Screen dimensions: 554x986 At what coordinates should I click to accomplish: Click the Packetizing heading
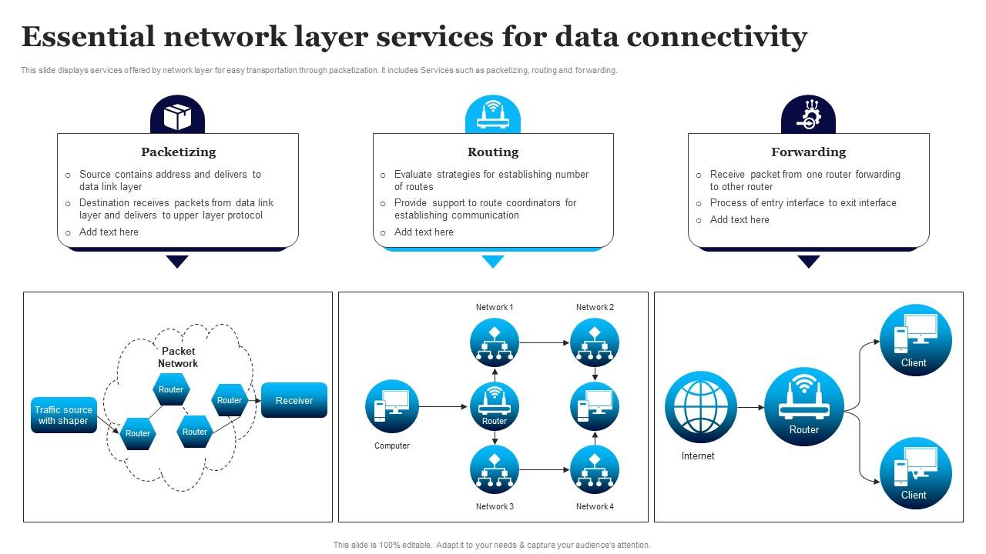[178, 152]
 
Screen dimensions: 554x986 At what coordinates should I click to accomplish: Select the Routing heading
[493, 152]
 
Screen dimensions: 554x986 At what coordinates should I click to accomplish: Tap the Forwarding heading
[808, 152]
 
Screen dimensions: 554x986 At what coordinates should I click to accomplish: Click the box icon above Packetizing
[178, 116]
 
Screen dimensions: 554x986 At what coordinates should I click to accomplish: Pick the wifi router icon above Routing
[493, 116]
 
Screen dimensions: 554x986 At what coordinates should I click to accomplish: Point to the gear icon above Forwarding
[808, 116]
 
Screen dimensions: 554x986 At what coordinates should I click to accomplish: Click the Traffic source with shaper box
[63, 415]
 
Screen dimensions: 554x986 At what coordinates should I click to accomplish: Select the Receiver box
[294, 400]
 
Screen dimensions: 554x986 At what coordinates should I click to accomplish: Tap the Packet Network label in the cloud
[178, 357]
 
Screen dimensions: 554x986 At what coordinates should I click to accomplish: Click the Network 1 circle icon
[495, 342]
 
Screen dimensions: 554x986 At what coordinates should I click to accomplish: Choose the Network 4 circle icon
[595, 469]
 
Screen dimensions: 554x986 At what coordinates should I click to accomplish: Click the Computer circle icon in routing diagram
[392, 406]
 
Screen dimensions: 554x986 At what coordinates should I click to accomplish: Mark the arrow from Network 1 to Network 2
[545, 342]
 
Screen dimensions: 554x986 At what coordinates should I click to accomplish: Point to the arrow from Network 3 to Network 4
[545, 469]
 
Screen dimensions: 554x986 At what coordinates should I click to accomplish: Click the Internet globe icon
[701, 407]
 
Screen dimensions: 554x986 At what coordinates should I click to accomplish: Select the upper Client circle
[915, 340]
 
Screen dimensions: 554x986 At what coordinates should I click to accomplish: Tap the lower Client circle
[915, 472]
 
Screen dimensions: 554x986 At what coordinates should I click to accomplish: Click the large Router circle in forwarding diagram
[804, 407]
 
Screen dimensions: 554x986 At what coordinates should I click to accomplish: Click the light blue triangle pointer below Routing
[493, 262]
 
